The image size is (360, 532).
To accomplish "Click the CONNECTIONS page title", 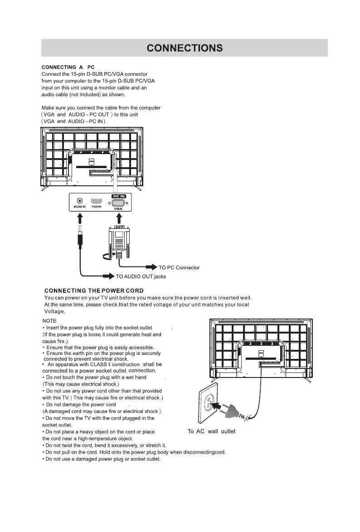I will (x=185, y=48).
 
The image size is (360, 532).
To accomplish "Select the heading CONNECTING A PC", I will (x=68, y=67).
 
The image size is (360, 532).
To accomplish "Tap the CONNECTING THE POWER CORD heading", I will (x=94, y=290).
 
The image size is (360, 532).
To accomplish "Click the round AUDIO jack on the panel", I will (x=80, y=201).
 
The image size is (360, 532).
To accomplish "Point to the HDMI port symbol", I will (x=97, y=201).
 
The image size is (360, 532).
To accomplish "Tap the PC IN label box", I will (x=118, y=195).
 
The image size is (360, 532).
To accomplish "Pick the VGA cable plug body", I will (x=118, y=240).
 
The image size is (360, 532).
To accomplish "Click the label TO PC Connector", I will (x=179, y=267).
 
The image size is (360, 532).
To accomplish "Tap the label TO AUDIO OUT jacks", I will (x=141, y=276).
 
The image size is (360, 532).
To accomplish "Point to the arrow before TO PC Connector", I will (x=151, y=267).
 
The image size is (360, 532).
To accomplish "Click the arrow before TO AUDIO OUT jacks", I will (x=108, y=276).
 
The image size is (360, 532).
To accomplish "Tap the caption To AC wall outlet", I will (x=211, y=431).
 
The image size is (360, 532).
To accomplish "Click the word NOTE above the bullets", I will (x=49, y=320).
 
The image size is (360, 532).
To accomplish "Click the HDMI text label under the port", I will (x=97, y=207).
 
